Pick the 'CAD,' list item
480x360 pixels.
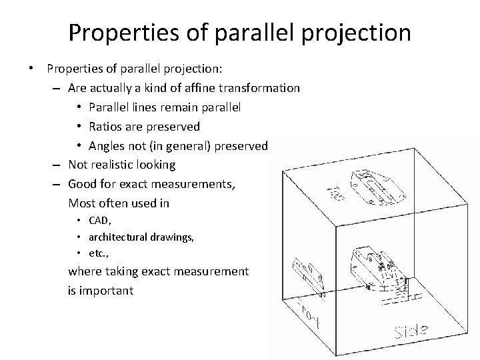pyautogui.click(x=97, y=221)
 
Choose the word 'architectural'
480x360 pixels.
pyautogui.click(x=116, y=237)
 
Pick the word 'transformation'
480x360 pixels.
pyautogui.click(x=262, y=88)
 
